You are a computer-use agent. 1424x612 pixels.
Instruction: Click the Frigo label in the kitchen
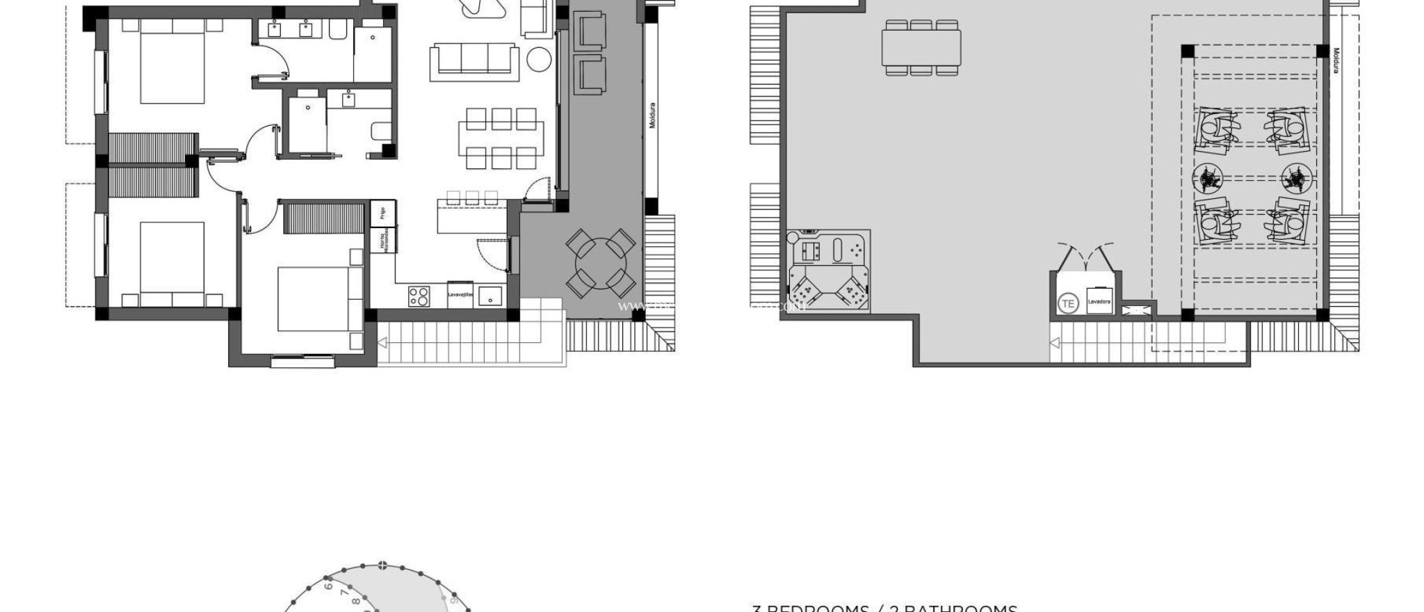point(382,213)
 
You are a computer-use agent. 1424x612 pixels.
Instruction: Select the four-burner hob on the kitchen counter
point(419,296)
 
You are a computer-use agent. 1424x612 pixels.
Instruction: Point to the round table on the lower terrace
point(600,263)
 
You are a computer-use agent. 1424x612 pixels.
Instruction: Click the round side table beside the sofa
point(538,58)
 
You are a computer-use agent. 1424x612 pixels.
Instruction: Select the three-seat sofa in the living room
point(474,58)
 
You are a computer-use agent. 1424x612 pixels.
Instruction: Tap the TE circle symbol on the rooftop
point(1067,303)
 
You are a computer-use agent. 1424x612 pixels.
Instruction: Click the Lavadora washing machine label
point(1099,302)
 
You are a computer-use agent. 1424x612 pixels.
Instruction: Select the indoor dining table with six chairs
point(501,138)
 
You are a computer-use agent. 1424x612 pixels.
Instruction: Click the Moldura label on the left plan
point(652,115)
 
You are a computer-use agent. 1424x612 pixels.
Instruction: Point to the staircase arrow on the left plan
point(382,342)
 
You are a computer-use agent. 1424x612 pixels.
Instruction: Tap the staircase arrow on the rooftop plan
point(1055,342)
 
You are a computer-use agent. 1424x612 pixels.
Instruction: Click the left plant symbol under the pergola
point(1208,179)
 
